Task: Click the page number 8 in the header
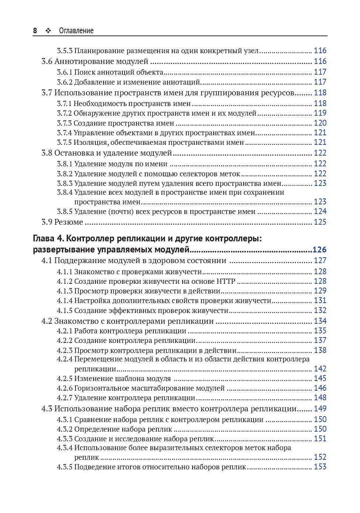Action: pyautogui.click(x=35, y=31)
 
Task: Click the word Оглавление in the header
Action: pyautogui.click(x=76, y=31)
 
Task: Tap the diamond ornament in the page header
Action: pyautogui.click(x=48, y=31)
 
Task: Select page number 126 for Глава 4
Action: pyautogui.click(x=319, y=249)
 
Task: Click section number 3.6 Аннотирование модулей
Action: pyautogui.click(x=47, y=61)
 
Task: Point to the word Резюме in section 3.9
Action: pyautogui.click(x=69, y=222)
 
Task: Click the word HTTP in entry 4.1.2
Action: pyautogui.click(x=226, y=281)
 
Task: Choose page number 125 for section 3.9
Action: pyautogui.click(x=320, y=222)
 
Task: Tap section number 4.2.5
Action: pyautogui.click(x=64, y=378)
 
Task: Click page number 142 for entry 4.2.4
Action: pyautogui.click(x=320, y=369)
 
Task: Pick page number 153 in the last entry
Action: pyautogui.click(x=320, y=467)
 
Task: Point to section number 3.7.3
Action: pyautogui.click(x=64, y=123)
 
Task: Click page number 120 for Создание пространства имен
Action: pyautogui.click(x=320, y=123)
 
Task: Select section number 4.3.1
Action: pyautogui.click(x=64, y=419)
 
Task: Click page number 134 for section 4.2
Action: pyautogui.click(x=320, y=321)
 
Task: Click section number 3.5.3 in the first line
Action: pyautogui.click(x=64, y=51)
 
